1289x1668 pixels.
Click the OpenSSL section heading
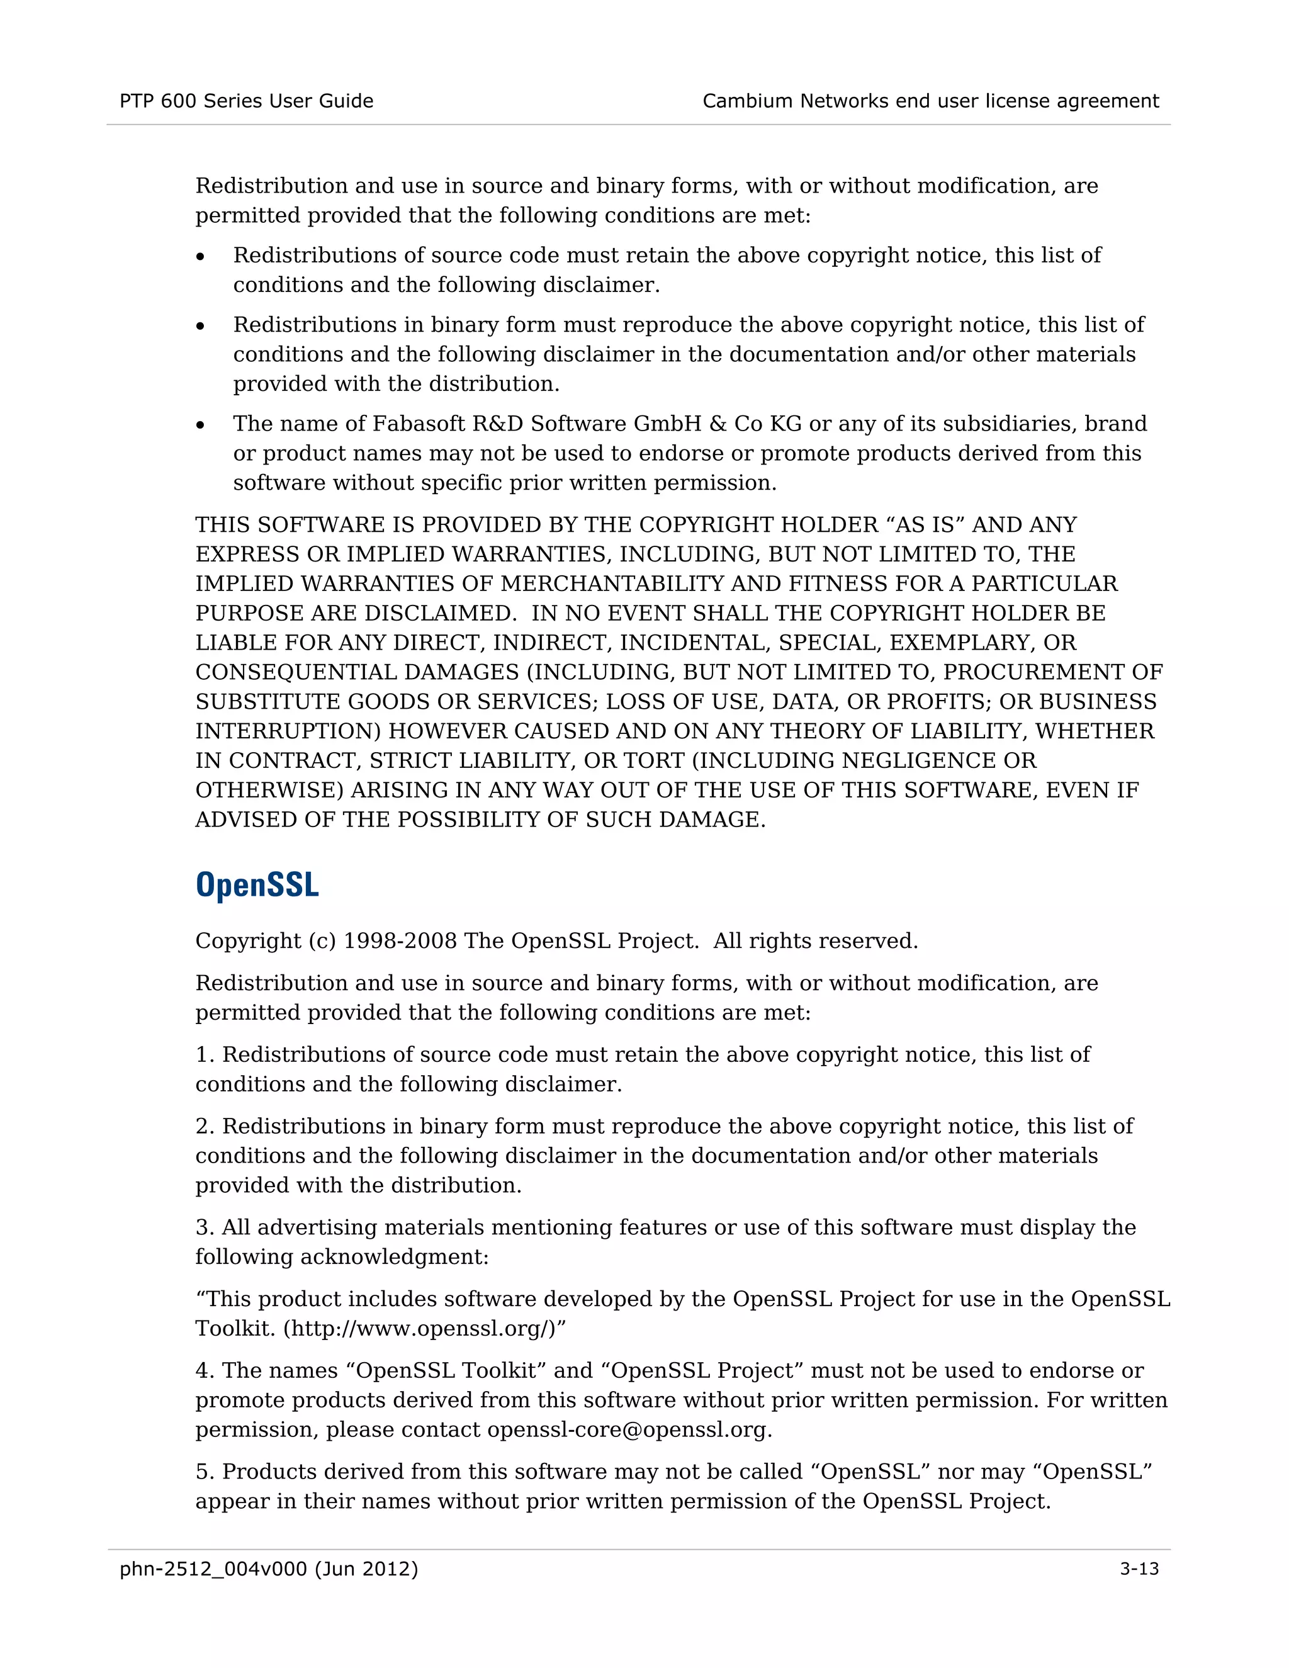coord(257,885)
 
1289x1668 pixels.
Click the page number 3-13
coord(1139,1569)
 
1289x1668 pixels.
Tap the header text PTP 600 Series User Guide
coord(246,101)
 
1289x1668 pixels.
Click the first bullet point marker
coord(200,257)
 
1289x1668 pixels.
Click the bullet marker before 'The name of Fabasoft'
coord(200,425)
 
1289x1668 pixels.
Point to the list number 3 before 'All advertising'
coord(203,1227)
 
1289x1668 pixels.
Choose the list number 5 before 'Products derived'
coord(203,1472)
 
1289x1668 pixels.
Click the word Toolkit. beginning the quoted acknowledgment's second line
coord(235,1328)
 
